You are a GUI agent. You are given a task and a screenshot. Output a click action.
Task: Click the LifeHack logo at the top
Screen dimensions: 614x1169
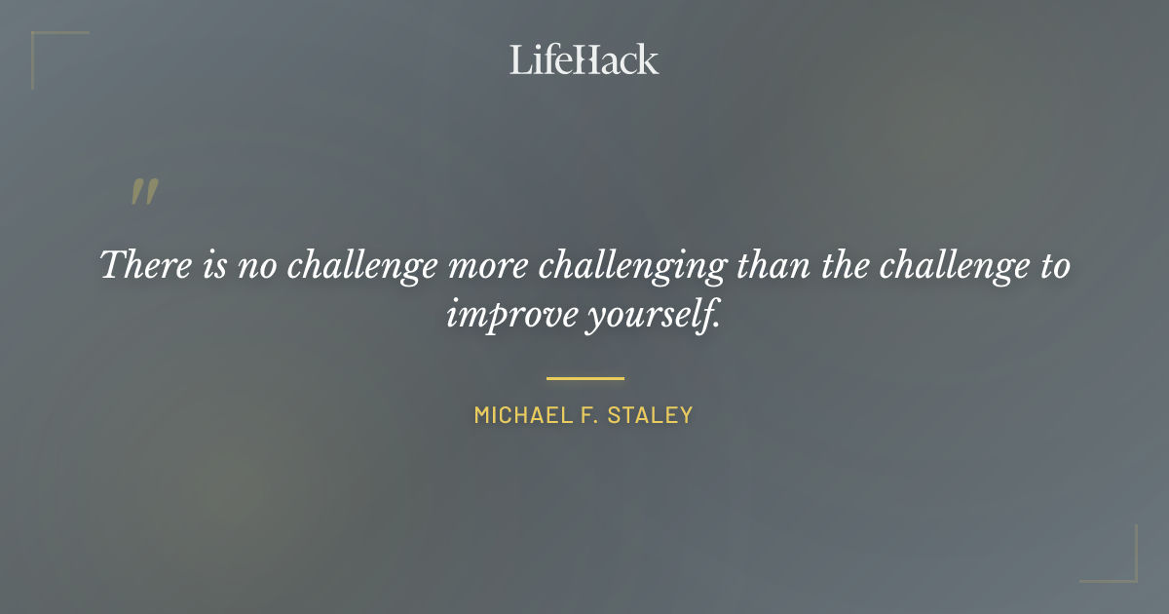(584, 59)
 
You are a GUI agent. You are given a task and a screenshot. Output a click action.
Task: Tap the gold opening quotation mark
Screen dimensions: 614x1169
(144, 192)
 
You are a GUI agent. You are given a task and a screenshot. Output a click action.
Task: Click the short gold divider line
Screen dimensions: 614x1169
(584, 378)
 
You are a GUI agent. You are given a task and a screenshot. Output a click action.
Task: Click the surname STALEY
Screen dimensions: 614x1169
(650, 415)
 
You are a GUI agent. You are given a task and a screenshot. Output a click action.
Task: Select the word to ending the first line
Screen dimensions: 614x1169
(1052, 266)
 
